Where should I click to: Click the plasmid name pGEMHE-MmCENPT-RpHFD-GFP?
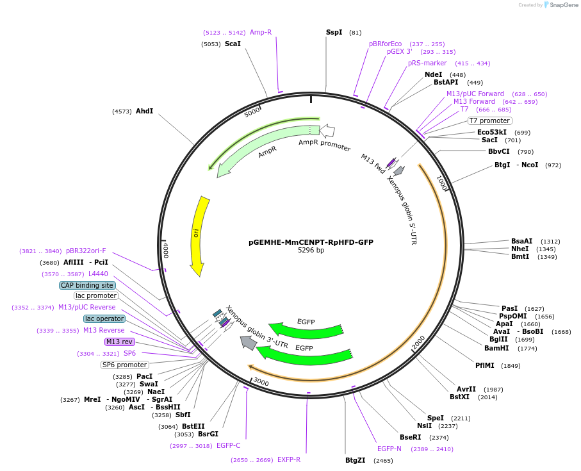pos(311,242)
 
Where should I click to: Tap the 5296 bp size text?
pos(311,251)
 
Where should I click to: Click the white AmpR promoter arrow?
pos(327,131)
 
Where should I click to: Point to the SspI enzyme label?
pos(334,32)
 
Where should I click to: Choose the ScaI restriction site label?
pos(233,44)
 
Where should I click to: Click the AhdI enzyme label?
pos(144,111)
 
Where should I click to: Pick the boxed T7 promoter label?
pos(489,120)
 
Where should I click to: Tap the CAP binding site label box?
pos(87,285)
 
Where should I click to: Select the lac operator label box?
pos(104,318)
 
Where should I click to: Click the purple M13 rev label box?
pos(120,342)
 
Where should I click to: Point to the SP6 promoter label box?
pos(124,365)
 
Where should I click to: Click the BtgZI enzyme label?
pos(355,460)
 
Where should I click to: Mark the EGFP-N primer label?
pos(389,449)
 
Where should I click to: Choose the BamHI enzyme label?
pos(496,348)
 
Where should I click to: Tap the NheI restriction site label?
pos(520,249)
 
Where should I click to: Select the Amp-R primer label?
pos(261,32)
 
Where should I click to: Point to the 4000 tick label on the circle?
pos(165,249)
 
